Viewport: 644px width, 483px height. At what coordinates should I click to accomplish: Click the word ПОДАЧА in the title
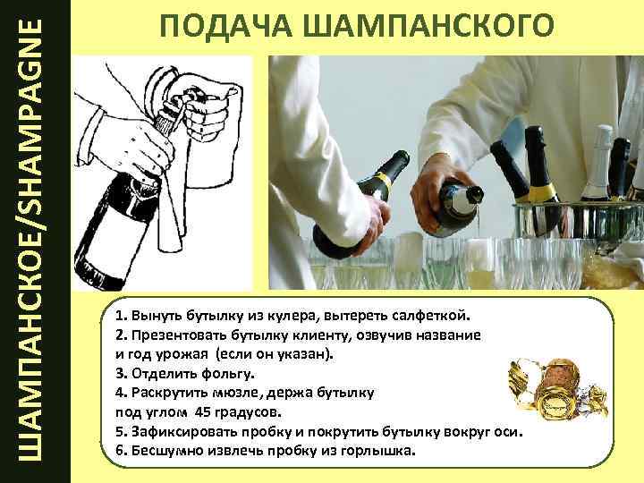(226, 25)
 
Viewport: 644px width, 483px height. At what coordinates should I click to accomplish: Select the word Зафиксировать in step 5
(184, 432)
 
